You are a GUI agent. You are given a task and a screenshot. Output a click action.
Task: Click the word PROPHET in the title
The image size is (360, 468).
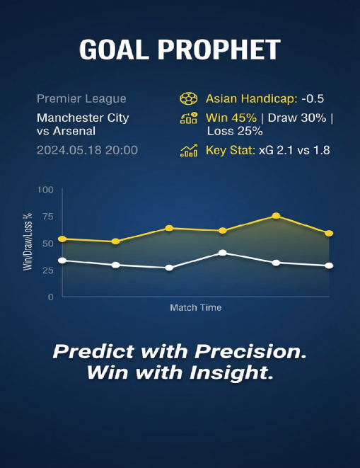pos(219,50)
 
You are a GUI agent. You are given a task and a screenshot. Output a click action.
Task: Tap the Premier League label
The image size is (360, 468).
pos(81,99)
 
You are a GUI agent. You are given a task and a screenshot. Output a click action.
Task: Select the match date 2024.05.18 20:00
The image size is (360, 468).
pos(87,150)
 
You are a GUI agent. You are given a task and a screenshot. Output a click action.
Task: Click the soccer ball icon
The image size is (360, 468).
pos(189,99)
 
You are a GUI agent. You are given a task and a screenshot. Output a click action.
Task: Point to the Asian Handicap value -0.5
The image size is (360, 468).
pos(313,99)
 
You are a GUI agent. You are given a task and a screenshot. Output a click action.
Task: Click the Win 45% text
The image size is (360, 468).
pos(231,118)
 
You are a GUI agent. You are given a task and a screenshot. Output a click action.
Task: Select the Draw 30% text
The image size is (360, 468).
pos(297,118)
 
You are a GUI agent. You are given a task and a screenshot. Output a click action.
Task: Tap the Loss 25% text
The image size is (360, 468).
pos(235,131)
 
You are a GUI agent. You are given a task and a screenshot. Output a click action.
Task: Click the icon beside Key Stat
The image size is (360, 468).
pos(189,150)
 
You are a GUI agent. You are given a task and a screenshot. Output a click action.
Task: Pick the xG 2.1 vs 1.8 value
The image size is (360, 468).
pos(294,150)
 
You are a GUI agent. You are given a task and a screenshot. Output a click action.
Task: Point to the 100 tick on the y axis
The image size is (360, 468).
pos(45,190)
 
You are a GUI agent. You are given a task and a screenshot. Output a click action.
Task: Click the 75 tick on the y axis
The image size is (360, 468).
pos(48,217)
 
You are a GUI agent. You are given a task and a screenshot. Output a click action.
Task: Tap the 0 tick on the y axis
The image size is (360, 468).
pos(51,297)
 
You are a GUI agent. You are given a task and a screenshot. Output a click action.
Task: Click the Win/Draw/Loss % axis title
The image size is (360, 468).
pos(28,242)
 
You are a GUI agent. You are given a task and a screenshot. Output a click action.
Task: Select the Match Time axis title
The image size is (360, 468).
pos(196,308)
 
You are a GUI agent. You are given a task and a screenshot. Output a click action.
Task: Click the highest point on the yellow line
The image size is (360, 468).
pos(277,216)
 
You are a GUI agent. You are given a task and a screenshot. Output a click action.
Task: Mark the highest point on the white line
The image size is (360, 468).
pos(223,253)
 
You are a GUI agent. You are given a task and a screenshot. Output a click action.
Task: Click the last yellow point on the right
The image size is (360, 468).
pos(329,234)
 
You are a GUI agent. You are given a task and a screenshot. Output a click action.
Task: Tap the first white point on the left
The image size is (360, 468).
pos(62,261)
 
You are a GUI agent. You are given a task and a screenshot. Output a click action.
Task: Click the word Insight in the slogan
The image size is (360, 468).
pos(232,373)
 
